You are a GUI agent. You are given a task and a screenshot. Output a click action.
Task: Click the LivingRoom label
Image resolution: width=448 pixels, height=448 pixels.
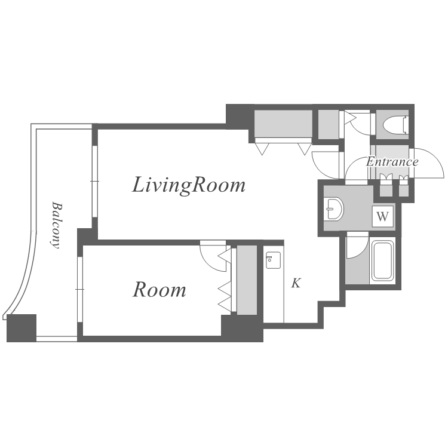[x=188, y=185]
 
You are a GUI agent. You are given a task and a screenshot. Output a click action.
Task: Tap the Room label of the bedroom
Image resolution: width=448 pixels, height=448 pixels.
[x=159, y=290]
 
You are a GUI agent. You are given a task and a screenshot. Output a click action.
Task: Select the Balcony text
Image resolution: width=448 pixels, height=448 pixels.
[x=56, y=225]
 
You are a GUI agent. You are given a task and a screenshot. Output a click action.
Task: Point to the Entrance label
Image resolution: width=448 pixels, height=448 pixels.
[x=392, y=162]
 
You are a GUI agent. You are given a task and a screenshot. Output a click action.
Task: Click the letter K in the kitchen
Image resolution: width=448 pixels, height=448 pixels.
[x=296, y=283]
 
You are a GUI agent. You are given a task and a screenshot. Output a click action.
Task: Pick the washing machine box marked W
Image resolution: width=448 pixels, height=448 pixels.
[x=382, y=216]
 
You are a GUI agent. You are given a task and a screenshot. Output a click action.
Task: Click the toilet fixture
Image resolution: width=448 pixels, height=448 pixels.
[x=395, y=125]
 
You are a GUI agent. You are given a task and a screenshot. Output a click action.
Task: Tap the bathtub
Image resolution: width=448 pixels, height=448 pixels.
[x=382, y=261]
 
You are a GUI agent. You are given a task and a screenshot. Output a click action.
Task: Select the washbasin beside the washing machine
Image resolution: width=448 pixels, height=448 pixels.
[x=333, y=209]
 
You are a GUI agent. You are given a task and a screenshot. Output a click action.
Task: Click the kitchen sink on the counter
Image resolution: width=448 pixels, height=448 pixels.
[x=274, y=260]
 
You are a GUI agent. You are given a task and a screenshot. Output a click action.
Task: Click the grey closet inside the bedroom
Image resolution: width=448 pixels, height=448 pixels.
[x=247, y=280]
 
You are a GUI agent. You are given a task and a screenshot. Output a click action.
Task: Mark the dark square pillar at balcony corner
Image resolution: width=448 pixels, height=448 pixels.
[x=22, y=328]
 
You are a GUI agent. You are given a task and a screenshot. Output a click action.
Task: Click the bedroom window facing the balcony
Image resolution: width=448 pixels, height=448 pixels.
[x=79, y=290]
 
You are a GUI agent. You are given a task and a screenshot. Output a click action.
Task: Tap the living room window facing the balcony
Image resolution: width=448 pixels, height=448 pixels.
[x=95, y=182]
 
